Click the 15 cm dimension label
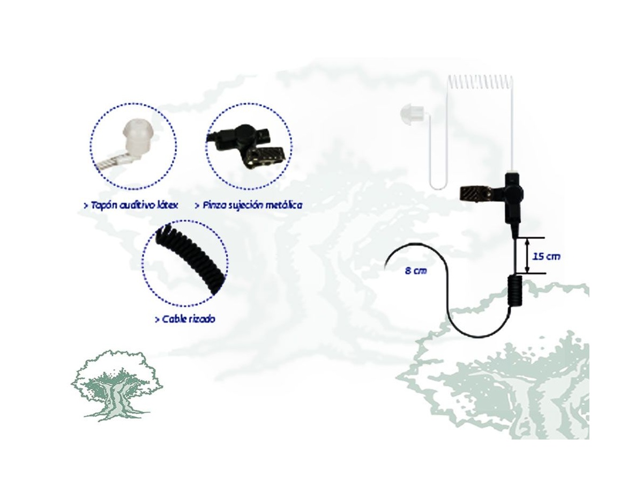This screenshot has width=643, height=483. pos(545,257)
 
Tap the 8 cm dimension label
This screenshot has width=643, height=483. pos(415,270)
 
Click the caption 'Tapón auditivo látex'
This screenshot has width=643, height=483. pos(131,205)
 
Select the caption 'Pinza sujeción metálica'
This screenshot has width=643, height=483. pos(249,205)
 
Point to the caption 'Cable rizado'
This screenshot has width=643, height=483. pos(185,319)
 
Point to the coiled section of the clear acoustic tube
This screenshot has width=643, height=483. pos(480,83)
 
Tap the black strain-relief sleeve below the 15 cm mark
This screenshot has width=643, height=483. pos(514,292)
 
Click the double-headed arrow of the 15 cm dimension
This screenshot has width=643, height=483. pos(527,256)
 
